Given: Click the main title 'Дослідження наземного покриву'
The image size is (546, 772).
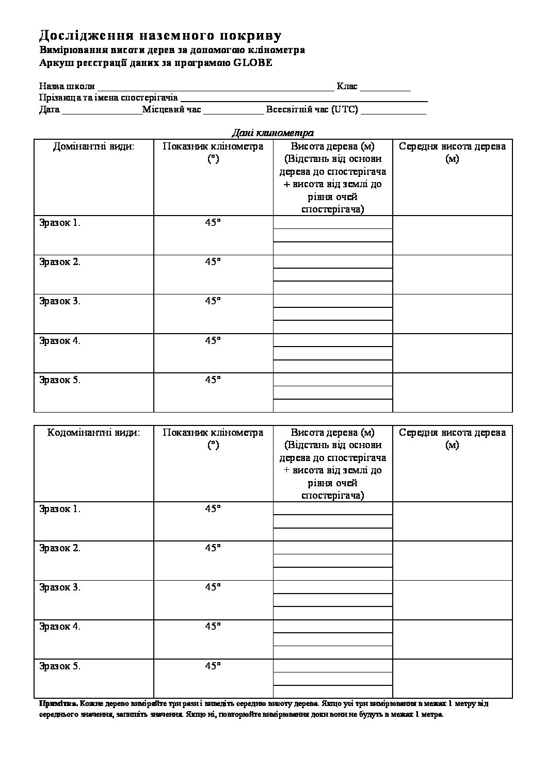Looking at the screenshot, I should pos(160,35).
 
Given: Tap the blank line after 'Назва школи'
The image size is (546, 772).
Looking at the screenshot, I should pos(215,87).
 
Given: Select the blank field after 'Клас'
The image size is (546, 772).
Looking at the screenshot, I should pos(385,87).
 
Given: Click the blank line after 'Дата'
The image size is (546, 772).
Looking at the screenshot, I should pos(102,110).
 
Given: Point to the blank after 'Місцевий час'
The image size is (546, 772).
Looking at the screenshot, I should pos(233,110).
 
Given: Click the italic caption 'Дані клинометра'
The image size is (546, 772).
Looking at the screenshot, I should pos(272,133).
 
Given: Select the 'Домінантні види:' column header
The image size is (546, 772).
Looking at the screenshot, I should pos(93,146).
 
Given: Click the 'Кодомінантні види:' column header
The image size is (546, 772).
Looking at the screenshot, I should pos(93,433).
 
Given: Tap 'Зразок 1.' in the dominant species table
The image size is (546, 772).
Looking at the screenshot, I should pos(60,223).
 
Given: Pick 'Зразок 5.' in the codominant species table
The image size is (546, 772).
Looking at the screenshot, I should pos(60,666).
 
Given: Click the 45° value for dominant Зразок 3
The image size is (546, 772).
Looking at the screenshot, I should pos(213,301).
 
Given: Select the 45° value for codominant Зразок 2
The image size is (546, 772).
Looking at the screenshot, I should pos(213,548).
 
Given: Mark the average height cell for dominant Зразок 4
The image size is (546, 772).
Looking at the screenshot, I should pos(453,353).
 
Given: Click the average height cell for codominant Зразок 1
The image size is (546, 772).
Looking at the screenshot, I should pos(453,521).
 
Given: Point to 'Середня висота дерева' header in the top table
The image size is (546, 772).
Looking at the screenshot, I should pos(453,152).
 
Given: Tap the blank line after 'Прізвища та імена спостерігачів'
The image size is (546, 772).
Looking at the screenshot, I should pos(304,98).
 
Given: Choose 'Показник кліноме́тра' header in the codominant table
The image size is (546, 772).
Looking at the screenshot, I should pos(213,438).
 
